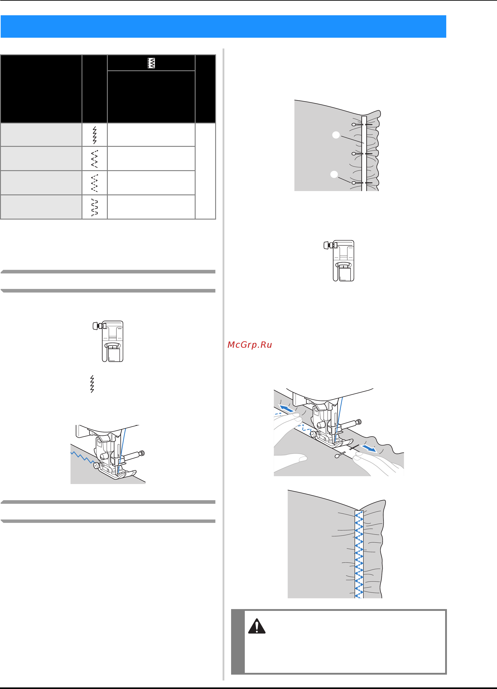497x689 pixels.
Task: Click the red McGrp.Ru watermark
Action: [x=250, y=345]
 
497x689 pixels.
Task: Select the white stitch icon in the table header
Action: [x=151, y=63]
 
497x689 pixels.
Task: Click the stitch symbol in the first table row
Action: [x=95, y=135]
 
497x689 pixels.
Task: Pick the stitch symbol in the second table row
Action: [x=95, y=158]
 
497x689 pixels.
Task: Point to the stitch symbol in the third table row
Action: [x=95, y=183]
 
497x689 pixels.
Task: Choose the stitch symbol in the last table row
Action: [x=95, y=207]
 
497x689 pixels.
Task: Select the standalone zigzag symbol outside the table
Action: [x=92, y=384]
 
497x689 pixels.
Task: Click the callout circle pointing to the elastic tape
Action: [x=336, y=135]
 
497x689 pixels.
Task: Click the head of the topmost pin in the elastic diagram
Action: [x=353, y=125]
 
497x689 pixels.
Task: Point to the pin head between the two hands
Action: [x=337, y=456]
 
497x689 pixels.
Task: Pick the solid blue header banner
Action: [x=223, y=26]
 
